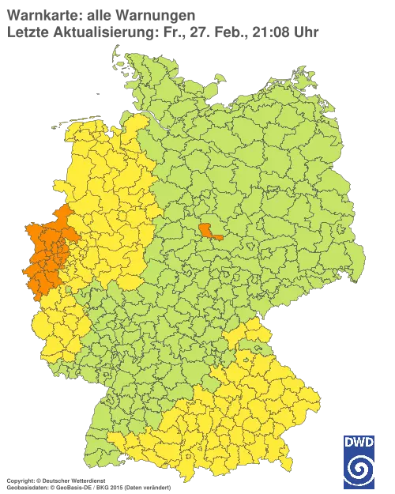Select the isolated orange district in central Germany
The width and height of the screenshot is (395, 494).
tap(211, 230)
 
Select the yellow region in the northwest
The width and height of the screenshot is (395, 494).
tap(111, 182)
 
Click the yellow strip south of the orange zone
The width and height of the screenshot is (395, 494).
tap(51, 324)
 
